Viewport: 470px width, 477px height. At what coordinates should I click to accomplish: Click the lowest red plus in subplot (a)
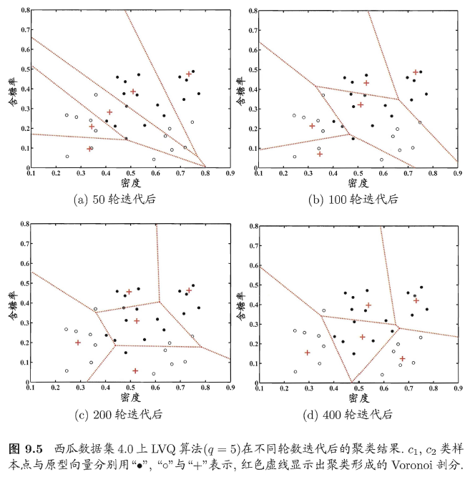coord(89,149)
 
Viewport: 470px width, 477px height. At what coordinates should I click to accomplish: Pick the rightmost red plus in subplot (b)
coord(416,72)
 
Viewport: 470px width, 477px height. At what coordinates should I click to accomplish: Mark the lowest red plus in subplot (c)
coord(135,370)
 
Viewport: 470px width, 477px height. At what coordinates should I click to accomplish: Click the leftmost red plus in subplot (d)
coord(308,353)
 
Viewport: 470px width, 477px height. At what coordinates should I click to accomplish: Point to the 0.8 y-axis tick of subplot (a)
coord(24,11)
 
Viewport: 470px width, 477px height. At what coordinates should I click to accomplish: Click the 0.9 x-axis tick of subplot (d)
coord(459,388)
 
